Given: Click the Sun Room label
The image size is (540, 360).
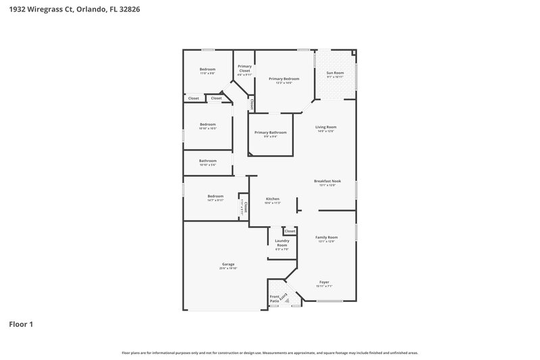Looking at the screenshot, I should pos(335,73).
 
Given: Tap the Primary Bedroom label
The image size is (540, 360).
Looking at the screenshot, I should pos(283,79).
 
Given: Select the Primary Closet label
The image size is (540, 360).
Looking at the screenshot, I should pos(244,68).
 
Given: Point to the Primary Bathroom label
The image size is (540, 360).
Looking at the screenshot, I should pos(270,132).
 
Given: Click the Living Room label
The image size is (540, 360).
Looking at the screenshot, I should pos(326,127).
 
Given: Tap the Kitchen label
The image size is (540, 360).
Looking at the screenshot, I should pos(273,199).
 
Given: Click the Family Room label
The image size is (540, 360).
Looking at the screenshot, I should pos(327,238).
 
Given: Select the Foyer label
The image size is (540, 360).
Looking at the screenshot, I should pos(325,282).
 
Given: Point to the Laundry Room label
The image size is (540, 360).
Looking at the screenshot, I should pos(281,243).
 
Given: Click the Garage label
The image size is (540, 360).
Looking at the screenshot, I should pos(228,264).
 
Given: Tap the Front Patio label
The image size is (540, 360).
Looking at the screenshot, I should pos(275,299).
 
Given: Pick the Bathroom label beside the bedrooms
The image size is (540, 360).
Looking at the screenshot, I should pos(207,161).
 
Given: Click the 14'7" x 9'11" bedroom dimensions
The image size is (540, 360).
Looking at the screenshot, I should pos(215,201).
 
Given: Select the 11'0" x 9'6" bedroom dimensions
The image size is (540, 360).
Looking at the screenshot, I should pos(207,74).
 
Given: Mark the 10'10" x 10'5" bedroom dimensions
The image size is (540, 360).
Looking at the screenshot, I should pos(207,128).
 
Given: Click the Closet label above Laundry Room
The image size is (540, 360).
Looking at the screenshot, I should pos(290,231).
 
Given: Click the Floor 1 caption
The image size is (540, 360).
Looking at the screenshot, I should pos(21,324).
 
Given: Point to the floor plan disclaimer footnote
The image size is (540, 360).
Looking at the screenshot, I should pos(270,353).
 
